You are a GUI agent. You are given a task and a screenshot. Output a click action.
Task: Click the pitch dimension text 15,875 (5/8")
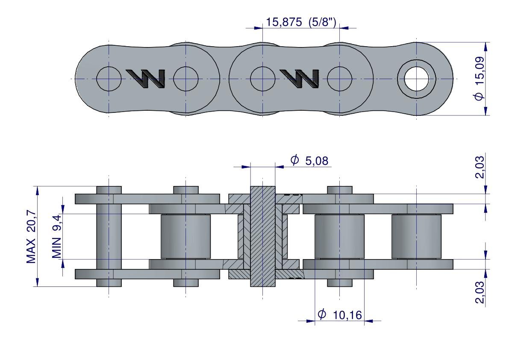[301, 22]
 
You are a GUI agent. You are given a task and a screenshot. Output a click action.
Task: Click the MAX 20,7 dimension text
[31, 236]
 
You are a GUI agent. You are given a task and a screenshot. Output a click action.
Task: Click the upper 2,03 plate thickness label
[480, 167]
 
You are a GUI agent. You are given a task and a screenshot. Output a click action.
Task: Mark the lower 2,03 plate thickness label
[480, 292]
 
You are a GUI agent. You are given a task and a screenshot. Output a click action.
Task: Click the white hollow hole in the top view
[416, 79]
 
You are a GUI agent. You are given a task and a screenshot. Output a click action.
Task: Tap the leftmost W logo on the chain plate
[146, 79]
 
